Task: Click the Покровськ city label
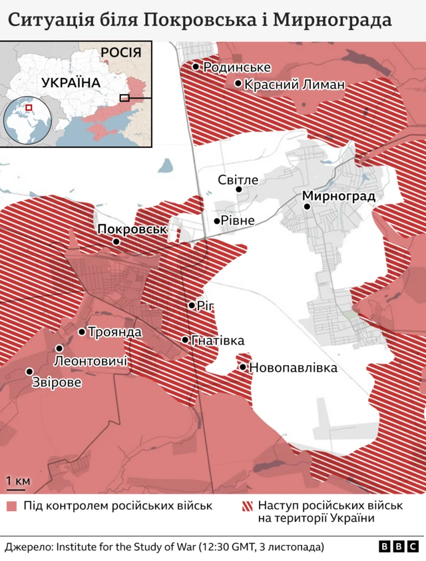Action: pos(131,229)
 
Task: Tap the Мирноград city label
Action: pos(339,196)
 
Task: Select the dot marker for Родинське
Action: pos(196,67)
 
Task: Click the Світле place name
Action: pos(238,179)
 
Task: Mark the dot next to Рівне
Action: pos(217,221)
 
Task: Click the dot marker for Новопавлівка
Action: pos(243,367)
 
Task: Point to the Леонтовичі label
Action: pos(91,361)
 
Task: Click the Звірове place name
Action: pos(57,383)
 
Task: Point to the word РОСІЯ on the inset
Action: pos(121,53)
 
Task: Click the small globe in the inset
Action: pos(28,121)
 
